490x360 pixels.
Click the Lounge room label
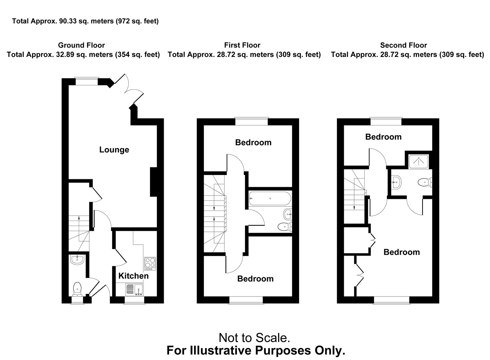[114, 150]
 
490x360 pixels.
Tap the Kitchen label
[134, 276]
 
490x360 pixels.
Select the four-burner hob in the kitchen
[150, 263]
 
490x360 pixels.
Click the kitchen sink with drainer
[134, 290]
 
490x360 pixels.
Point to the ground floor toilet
[77, 289]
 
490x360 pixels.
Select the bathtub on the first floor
[270, 199]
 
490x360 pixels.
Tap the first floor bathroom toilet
[285, 227]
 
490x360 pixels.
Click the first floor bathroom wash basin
[287, 214]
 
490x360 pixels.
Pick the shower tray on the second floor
[418, 161]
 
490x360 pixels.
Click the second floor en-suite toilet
[425, 182]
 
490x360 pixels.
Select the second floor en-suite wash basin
[396, 182]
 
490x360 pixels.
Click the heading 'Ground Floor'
[81, 45]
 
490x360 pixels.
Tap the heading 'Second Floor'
[403, 45]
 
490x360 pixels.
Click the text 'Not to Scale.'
[254, 338]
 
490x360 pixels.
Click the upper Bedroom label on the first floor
[253, 143]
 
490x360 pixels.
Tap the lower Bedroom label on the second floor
[402, 252]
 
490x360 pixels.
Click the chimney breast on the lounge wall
[154, 182]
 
